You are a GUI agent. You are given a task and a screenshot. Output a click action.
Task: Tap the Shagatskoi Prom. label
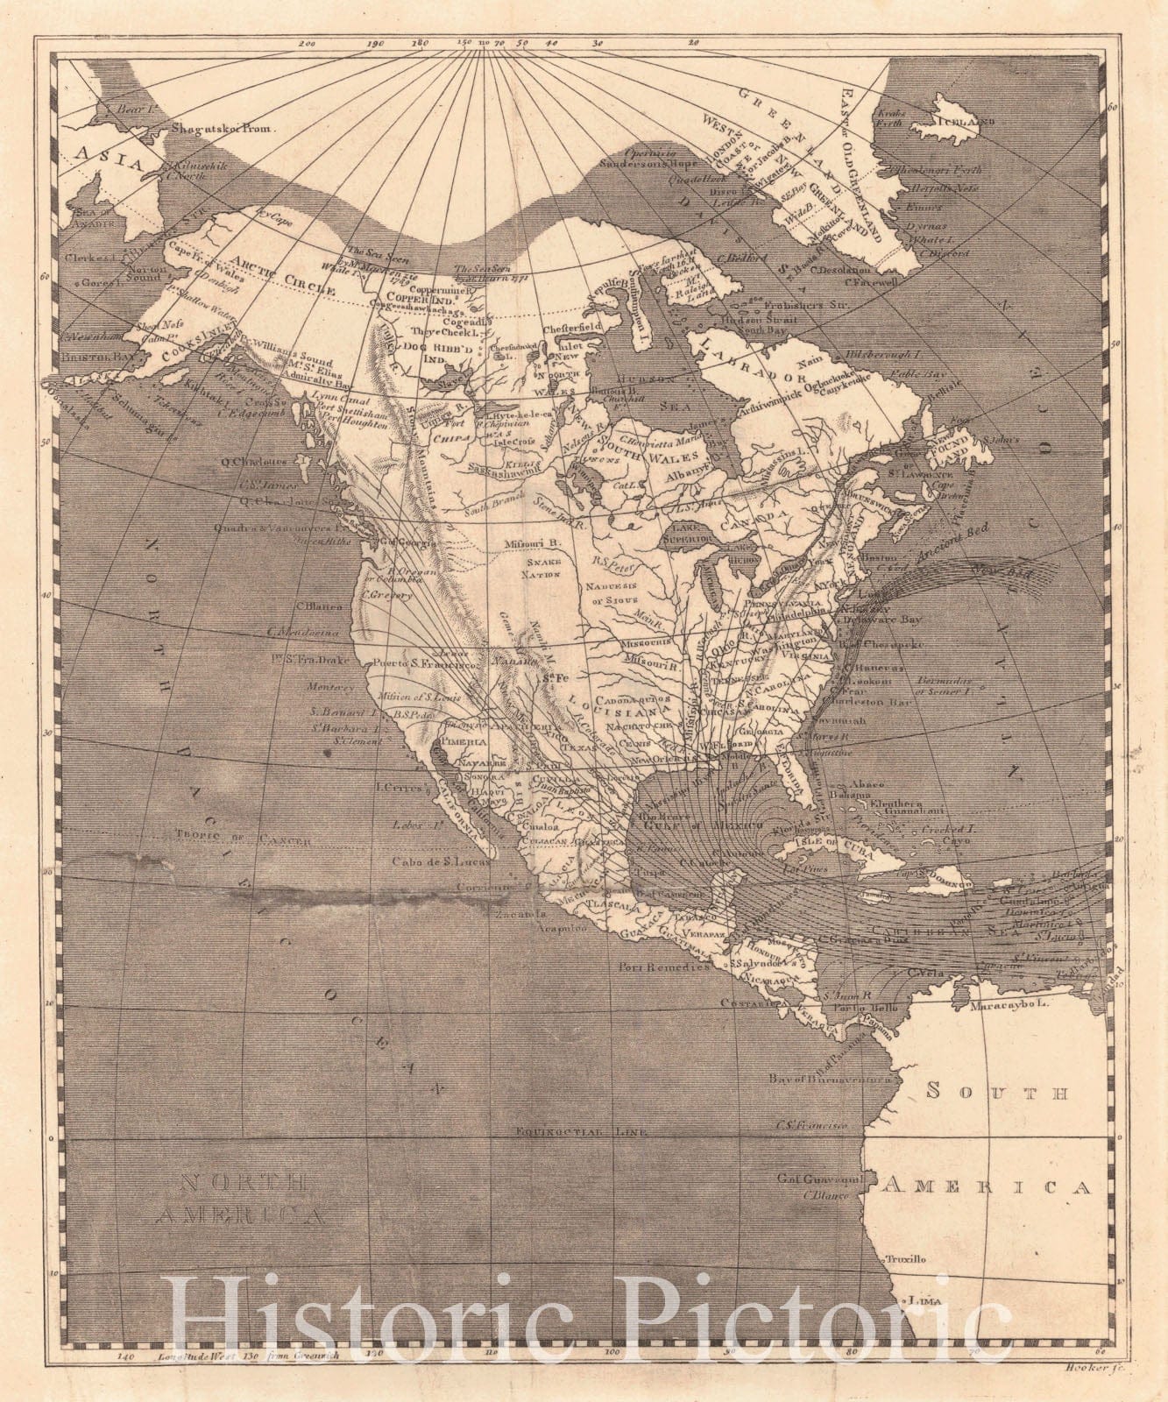pos(223,127)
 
